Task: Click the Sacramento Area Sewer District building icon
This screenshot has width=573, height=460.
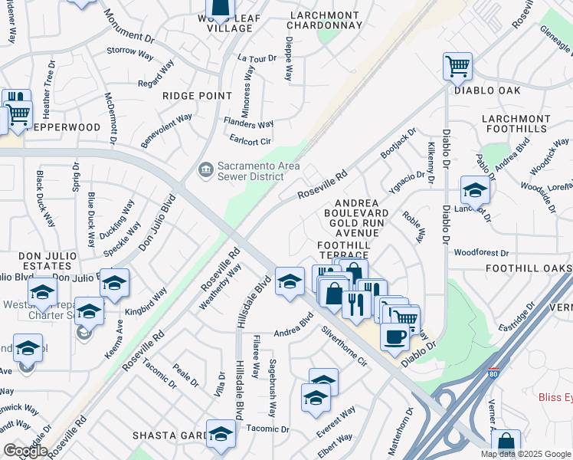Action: click(x=205, y=169)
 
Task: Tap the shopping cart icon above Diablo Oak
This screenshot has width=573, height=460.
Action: click(x=457, y=67)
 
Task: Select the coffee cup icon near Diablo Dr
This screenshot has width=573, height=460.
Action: click(x=395, y=336)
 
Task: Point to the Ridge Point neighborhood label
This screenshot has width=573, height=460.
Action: click(x=197, y=96)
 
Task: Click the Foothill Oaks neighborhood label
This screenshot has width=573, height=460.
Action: click(x=529, y=268)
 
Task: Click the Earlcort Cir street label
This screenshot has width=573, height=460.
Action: click(x=250, y=141)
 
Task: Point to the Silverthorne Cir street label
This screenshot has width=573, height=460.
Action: click(x=345, y=347)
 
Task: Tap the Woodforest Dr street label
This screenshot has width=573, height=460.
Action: click(x=481, y=252)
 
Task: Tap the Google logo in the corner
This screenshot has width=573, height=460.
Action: click(x=25, y=451)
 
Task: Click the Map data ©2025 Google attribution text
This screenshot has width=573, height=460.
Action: click(x=526, y=454)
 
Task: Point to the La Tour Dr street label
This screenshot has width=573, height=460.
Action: click(x=256, y=58)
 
